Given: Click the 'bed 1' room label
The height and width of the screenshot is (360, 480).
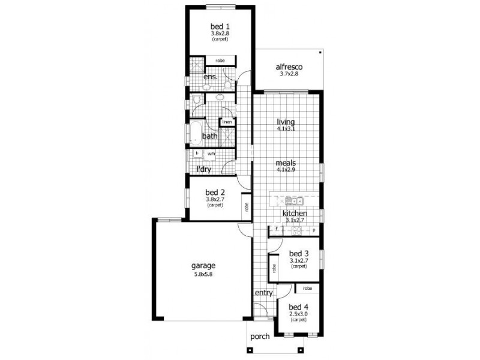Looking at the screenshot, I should [x=220, y=26].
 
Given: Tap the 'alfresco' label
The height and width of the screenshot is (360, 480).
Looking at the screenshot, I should [x=288, y=67].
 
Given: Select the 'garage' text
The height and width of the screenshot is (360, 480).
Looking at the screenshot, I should [x=203, y=266].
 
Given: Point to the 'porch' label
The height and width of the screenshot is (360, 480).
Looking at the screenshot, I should [x=260, y=337].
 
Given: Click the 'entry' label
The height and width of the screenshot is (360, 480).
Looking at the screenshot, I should [x=264, y=293].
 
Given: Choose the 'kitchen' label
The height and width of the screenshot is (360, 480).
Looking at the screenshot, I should [x=295, y=214].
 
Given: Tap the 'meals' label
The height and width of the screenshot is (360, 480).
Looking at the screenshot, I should [x=286, y=163].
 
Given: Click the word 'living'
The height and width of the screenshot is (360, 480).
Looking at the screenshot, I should [x=286, y=122].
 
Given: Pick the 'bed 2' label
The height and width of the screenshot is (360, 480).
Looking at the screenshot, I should [x=215, y=193].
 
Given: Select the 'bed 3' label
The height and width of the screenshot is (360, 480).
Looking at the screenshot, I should [x=298, y=253].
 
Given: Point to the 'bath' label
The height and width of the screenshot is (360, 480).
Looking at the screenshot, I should [x=209, y=137].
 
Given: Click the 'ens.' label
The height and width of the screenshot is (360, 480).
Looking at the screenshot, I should [x=210, y=78].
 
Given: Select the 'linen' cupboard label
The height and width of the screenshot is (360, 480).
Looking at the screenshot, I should [x=227, y=122].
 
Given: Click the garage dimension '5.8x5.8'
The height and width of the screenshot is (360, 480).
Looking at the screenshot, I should [x=203, y=275].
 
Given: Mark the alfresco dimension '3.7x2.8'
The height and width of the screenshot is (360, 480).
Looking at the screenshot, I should [x=288, y=74].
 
